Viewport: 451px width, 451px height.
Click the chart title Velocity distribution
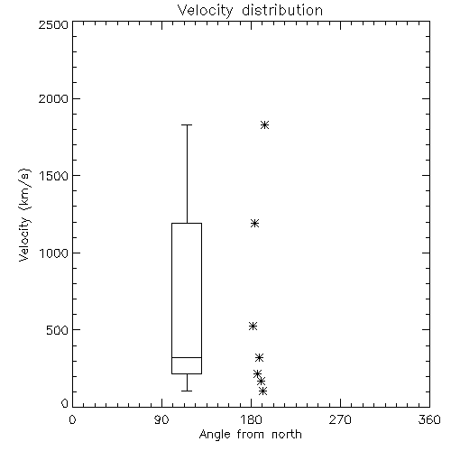click(x=250, y=10)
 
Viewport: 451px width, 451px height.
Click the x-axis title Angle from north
click(x=250, y=434)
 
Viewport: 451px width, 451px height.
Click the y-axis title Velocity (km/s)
click(x=24, y=215)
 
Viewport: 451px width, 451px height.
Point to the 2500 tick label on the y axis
click(x=53, y=24)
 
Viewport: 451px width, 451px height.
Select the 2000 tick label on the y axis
click(x=53, y=98)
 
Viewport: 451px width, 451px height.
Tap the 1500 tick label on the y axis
click(x=54, y=176)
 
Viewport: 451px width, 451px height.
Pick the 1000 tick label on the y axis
click(x=54, y=253)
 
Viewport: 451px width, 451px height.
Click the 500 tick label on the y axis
click(x=58, y=330)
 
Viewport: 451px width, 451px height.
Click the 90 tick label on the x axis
click(x=161, y=419)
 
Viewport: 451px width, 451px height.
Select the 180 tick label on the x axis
click(x=251, y=419)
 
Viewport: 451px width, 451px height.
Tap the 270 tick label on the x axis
click(x=340, y=419)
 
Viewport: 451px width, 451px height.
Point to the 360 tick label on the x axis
click(x=429, y=419)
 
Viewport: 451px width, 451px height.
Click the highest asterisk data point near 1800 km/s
click(x=264, y=124)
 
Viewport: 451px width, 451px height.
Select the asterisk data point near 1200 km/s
click(x=255, y=223)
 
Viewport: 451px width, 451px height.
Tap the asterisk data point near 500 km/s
click(x=253, y=326)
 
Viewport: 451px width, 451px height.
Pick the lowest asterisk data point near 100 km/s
click(x=263, y=391)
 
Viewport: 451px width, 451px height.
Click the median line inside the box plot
click(x=187, y=357)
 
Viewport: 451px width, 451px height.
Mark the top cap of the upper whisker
click(x=187, y=124)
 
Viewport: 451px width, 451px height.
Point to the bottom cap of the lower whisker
click(x=187, y=391)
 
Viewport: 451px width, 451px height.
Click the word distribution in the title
click(x=282, y=10)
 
